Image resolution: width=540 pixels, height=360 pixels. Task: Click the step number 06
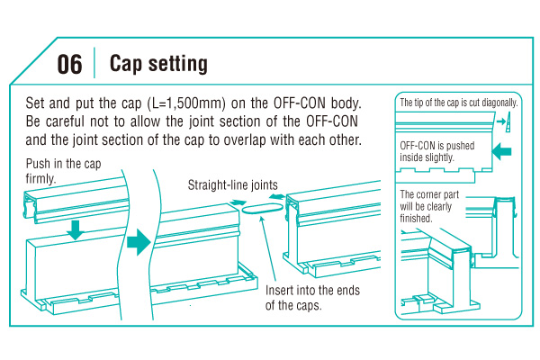[69, 64]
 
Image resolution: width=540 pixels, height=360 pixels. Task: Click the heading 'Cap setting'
[158, 64]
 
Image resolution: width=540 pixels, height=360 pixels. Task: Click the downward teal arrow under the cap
[76, 229]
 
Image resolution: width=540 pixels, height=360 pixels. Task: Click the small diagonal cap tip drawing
[509, 121]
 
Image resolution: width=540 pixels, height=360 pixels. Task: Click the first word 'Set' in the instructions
[37, 103]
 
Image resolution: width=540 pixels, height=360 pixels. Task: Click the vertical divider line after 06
[94, 64]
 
